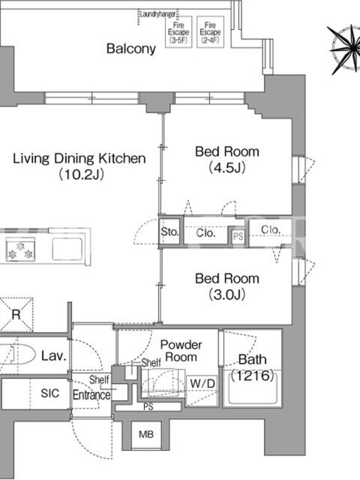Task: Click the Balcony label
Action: click(x=131, y=49)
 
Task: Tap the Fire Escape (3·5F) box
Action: click(x=178, y=32)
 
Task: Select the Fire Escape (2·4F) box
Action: click(x=211, y=32)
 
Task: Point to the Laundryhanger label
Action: click(x=158, y=14)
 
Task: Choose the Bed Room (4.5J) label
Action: click(x=227, y=160)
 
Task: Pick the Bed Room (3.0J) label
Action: click(x=227, y=286)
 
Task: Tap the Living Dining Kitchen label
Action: click(x=79, y=166)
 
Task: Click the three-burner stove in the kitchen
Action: click(x=20, y=250)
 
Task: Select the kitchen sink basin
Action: click(x=67, y=249)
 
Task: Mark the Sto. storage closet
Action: click(x=169, y=232)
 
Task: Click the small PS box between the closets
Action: click(x=238, y=236)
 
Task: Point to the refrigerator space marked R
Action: click(x=16, y=314)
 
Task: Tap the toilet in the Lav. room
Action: click(x=16, y=355)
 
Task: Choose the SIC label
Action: click(x=50, y=393)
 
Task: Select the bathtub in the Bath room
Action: click(x=253, y=388)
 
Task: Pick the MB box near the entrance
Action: click(x=146, y=434)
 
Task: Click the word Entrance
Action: click(x=92, y=395)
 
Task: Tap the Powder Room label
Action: click(x=181, y=351)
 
